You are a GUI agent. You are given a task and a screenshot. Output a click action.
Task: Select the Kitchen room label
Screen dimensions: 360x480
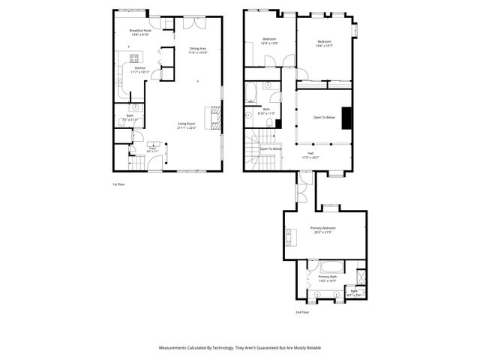tap(140, 69)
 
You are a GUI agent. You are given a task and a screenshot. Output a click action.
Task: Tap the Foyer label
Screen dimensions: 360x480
tap(152, 148)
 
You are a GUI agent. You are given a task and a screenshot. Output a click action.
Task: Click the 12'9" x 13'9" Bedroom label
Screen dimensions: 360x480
tap(269, 41)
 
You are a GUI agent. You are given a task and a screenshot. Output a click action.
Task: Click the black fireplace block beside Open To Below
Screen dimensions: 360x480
tap(346, 118)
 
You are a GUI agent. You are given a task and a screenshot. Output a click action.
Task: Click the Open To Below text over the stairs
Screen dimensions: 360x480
tap(271, 148)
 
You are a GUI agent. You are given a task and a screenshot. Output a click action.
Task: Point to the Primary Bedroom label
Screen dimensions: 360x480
tap(323, 229)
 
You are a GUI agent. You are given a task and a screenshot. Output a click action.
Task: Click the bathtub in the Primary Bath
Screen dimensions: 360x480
tap(331, 267)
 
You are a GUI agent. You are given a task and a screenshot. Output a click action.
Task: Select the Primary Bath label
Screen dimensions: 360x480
tap(327, 279)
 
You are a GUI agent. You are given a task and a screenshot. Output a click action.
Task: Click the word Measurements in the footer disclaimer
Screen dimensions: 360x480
tap(176, 348)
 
